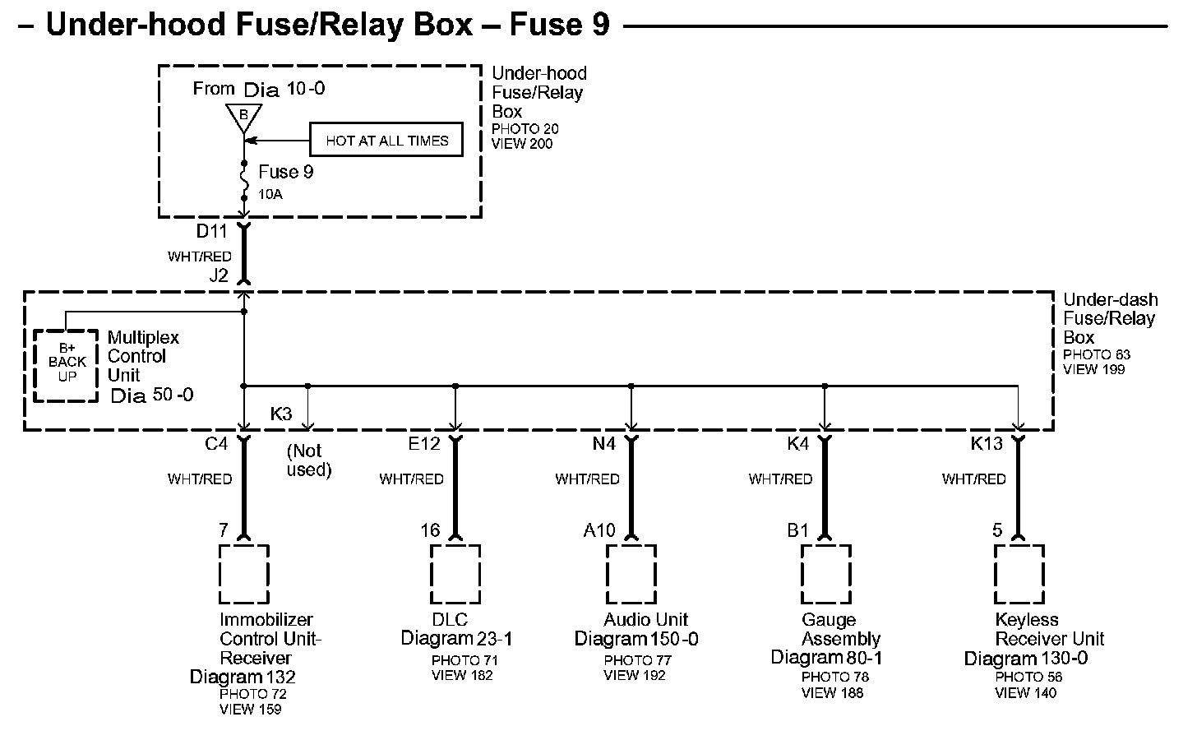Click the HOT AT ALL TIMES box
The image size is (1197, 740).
click(x=386, y=141)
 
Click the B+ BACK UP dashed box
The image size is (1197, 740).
click(x=67, y=365)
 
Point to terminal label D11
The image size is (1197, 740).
click(x=211, y=232)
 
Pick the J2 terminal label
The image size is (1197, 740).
click(x=219, y=276)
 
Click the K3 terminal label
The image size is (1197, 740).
click(x=281, y=414)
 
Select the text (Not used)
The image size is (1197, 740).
click(x=309, y=460)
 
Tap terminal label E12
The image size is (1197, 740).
click(x=424, y=444)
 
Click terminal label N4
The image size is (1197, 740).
click(x=603, y=444)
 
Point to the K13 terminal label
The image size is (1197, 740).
click(x=987, y=444)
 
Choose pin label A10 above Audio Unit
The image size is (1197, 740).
click(x=599, y=530)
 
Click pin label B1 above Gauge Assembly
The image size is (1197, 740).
click(x=798, y=530)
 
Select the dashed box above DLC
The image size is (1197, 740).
click(x=455, y=573)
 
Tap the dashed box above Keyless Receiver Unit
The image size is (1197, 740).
click(x=1019, y=573)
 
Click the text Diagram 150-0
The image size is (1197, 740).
click(x=636, y=639)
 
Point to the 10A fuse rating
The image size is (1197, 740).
click(x=271, y=195)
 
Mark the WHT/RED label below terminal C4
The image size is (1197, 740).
click(x=200, y=479)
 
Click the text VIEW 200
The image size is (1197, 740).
click(x=522, y=144)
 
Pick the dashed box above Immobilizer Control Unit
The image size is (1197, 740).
click(x=244, y=573)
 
